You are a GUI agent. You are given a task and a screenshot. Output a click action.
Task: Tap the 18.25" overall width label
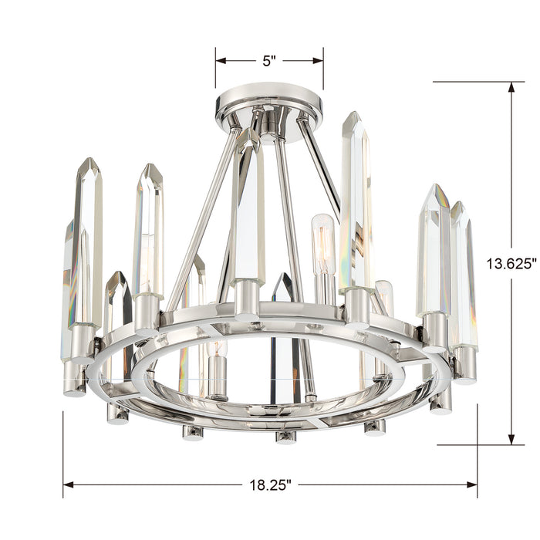pyautogui.click(x=269, y=485)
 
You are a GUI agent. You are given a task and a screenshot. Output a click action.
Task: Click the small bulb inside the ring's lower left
pyautogui.click(x=217, y=363)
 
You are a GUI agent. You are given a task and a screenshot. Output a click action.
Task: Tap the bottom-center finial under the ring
pyautogui.click(x=285, y=437)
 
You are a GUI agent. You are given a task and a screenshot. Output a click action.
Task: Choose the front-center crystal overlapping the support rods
pyautogui.click(x=249, y=208)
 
